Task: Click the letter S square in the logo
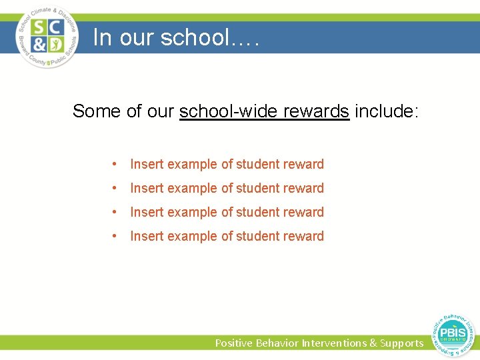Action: (x=39, y=27)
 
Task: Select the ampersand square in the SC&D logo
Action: (x=39, y=45)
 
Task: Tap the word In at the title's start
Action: (x=102, y=38)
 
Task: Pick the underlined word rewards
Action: (x=316, y=111)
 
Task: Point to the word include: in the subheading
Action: (x=387, y=111)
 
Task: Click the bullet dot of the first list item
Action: (x=115, y=164)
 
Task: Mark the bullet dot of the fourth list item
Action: (x=115, y=236)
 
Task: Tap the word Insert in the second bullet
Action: (x=147, y=188)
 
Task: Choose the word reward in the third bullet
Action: (x=302, y=212)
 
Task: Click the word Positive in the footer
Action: (x=231, y=343)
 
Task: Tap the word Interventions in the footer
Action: (x=334, y=343)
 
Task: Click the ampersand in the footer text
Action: (x=373, y=343)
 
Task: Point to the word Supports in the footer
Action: (x=401, y=343)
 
